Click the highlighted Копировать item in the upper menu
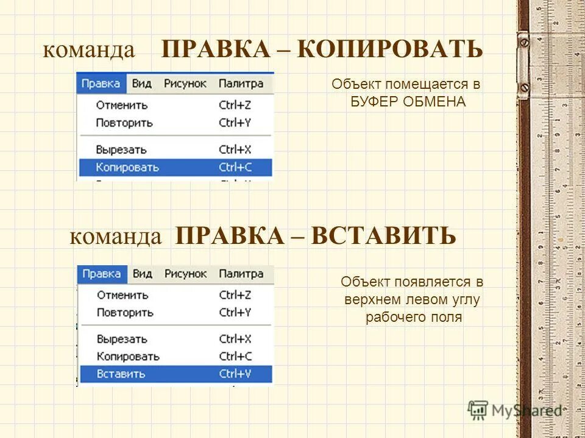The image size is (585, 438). pos(127,167)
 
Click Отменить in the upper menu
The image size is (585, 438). pos(122,105)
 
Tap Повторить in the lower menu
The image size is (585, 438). pos(124,313)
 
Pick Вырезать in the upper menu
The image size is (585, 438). pos(121,149)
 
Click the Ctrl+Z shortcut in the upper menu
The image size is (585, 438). pos(235,105)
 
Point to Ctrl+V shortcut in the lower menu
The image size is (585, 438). pos(235,374)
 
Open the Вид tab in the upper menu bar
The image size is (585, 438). pos(141,84)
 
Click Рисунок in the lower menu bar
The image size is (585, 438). pos(185,274)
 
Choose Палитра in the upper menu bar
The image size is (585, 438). pos(241,84)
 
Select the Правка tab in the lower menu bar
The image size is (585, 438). pos(101,274)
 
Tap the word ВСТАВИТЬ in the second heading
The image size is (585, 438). pos(383,236)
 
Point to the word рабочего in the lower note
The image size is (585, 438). pos(390,317)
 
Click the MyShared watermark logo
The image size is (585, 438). pos(514,411)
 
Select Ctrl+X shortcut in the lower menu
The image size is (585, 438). pos(235,339)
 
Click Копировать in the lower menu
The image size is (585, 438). pos(128,356)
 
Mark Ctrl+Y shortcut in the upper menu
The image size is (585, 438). pos(235,123)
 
